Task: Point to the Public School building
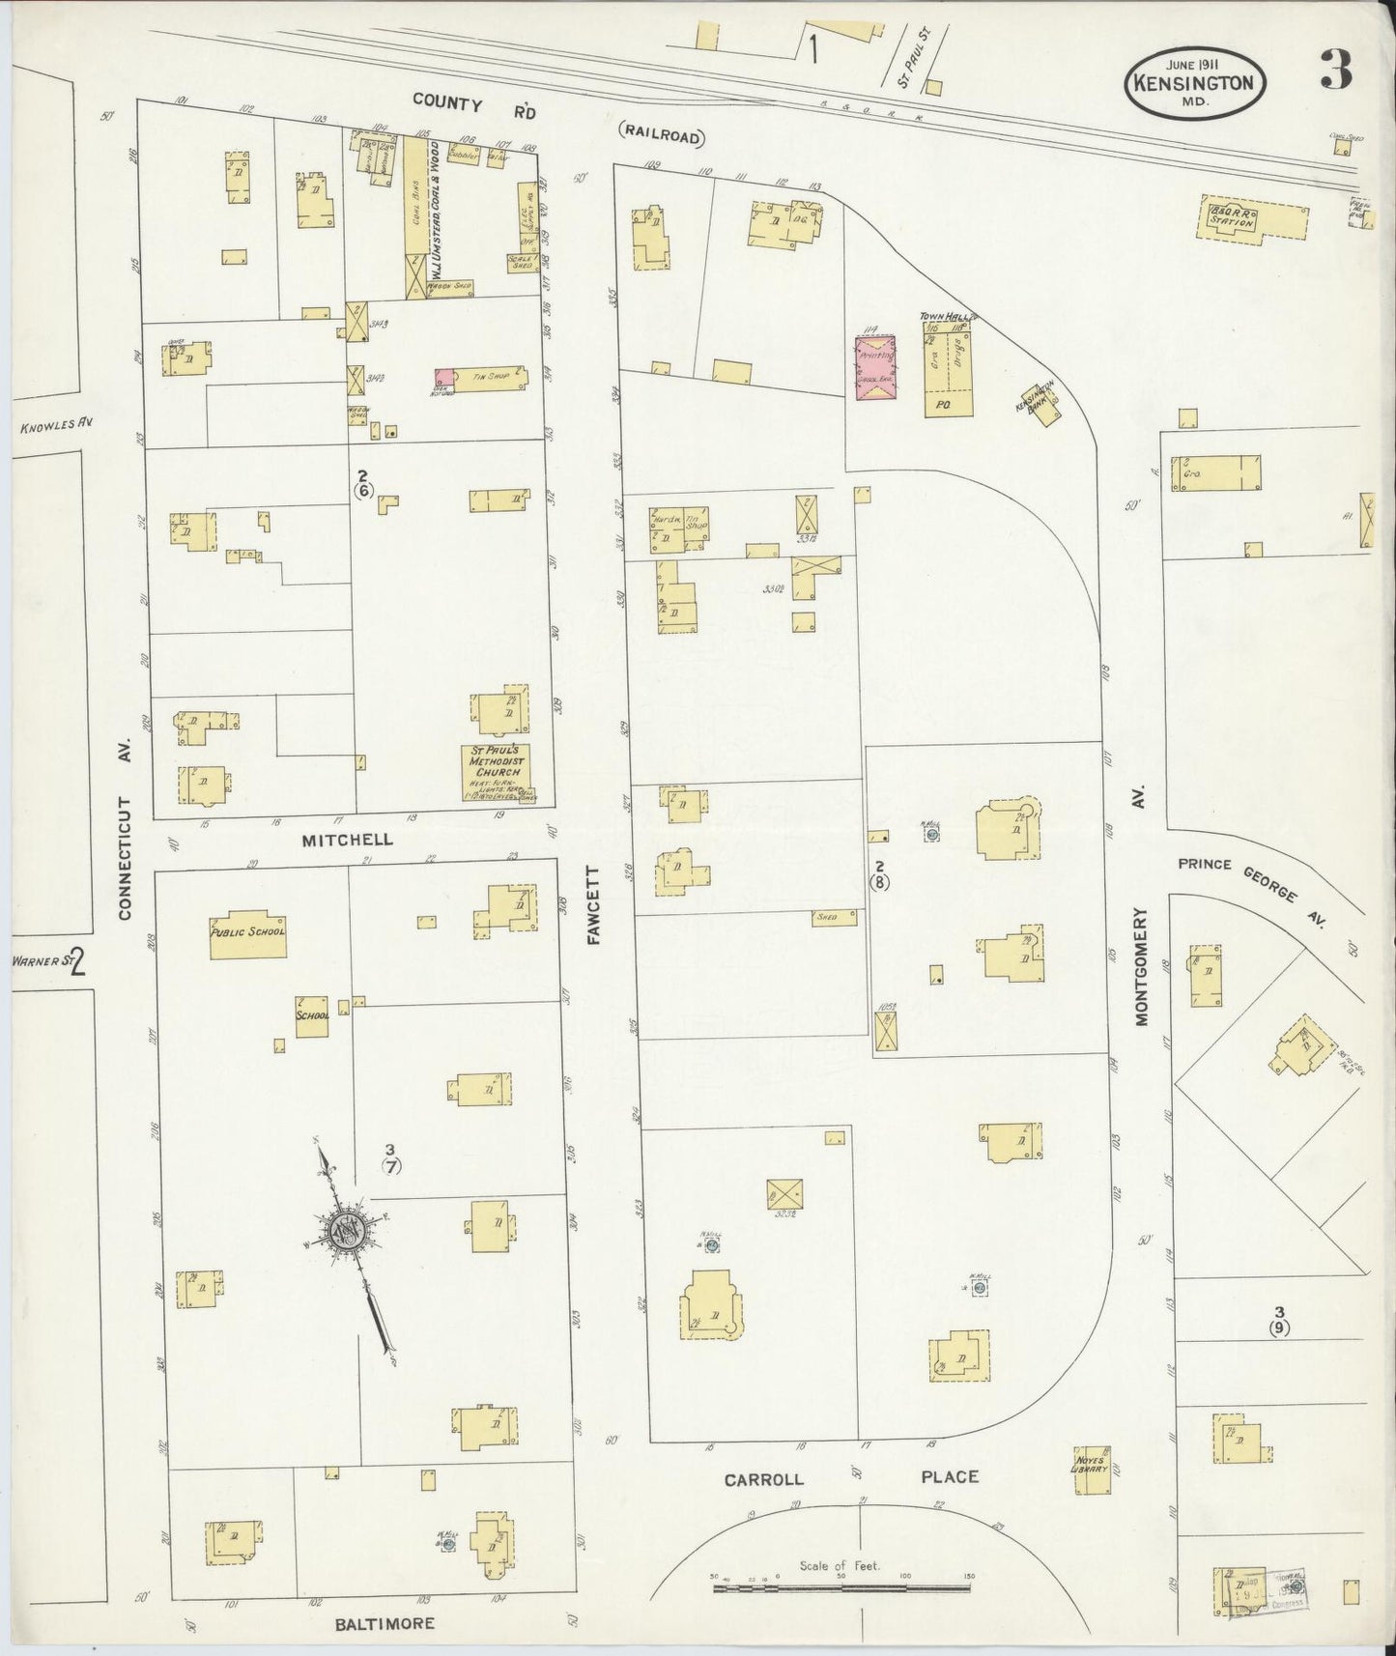click(248, 934)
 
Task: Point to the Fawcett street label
click(594, 905)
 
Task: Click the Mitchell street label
click(348, 840)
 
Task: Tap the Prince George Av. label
click(1248, 882)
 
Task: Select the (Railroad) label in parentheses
click(661, 137)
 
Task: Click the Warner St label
click(40, 961)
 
